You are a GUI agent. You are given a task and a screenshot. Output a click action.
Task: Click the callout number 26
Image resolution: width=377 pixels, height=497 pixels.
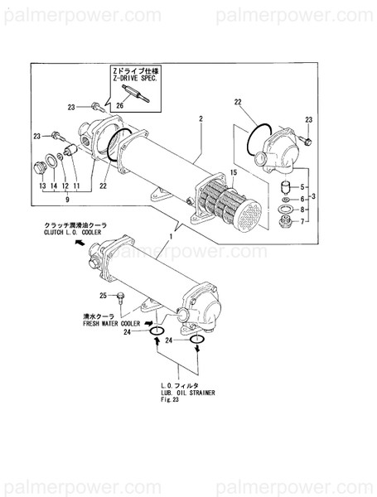click(x=119, y=105)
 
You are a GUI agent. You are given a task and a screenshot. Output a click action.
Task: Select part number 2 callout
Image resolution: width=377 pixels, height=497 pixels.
click(x=201, y=119)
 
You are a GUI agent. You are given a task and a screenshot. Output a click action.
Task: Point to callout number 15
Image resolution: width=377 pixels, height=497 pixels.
click(x=234, y=172)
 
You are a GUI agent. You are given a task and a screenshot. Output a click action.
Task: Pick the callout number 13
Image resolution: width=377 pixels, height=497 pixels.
click(x=42, y=187)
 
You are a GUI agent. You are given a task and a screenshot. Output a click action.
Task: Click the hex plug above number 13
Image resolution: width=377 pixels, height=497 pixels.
click(x=37, y=171)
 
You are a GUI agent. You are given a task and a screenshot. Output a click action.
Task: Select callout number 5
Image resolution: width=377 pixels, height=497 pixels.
click(x=302, y=186)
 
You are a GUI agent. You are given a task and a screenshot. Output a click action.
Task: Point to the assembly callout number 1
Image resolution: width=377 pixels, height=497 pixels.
click(x=171, y=238)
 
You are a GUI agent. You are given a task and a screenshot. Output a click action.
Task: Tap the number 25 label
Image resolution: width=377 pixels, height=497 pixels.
click(x=104, y=296)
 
